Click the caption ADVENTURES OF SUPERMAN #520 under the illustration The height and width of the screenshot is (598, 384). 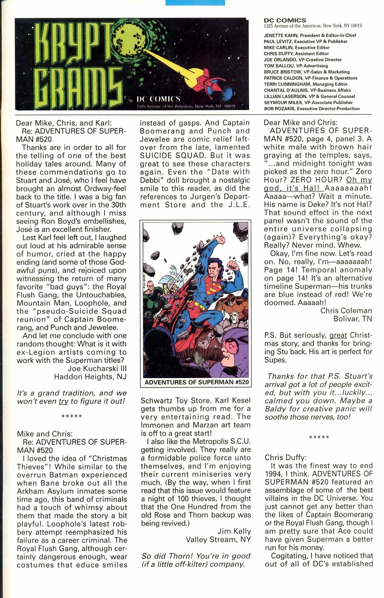[196, 382]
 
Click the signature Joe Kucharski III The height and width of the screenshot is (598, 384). [97, 369]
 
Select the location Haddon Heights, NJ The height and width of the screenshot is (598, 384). [90, 377]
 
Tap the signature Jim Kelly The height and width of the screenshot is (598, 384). [234, 531]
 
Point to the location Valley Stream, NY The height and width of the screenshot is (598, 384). [218, 540]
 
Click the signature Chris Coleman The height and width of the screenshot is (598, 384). [346, 311]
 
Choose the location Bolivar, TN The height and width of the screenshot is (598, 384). [352, 319]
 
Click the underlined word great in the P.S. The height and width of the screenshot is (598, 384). [338, 336]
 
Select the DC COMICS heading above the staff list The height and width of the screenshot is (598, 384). [285, 20]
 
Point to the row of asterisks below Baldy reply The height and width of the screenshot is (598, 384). [319, 437]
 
